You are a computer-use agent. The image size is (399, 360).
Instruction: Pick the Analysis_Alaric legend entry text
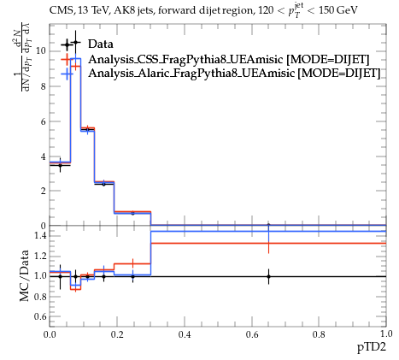click(234, 73)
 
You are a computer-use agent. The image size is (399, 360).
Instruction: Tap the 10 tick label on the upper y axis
click(41, 51)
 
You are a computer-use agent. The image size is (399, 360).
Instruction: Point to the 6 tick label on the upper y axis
click(44, 121)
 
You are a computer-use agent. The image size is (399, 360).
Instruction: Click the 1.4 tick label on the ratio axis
click(40, 235)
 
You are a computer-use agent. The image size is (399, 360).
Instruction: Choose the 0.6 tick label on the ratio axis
click(40, 316)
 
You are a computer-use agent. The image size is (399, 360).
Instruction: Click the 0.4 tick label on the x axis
click(185, 334)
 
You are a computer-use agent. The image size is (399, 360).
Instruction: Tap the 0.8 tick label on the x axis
click(319, 334)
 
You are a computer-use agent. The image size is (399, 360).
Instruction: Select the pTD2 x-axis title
click(372, 347)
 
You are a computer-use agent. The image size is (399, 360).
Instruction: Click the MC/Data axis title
click(25, 275)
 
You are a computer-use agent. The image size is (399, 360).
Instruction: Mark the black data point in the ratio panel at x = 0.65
click(268, 276)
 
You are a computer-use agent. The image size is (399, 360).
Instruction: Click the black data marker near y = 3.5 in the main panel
click(60, 165)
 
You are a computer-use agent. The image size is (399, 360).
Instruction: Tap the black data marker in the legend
click(67, 44)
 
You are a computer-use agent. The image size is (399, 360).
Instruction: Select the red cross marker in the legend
click(67, 60)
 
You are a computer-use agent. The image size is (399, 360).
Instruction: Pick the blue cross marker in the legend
click(67, 74)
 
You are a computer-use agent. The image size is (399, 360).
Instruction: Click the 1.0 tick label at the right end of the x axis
click(386, 334)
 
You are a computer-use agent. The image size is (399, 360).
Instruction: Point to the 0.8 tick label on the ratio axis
click(40, 297)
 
